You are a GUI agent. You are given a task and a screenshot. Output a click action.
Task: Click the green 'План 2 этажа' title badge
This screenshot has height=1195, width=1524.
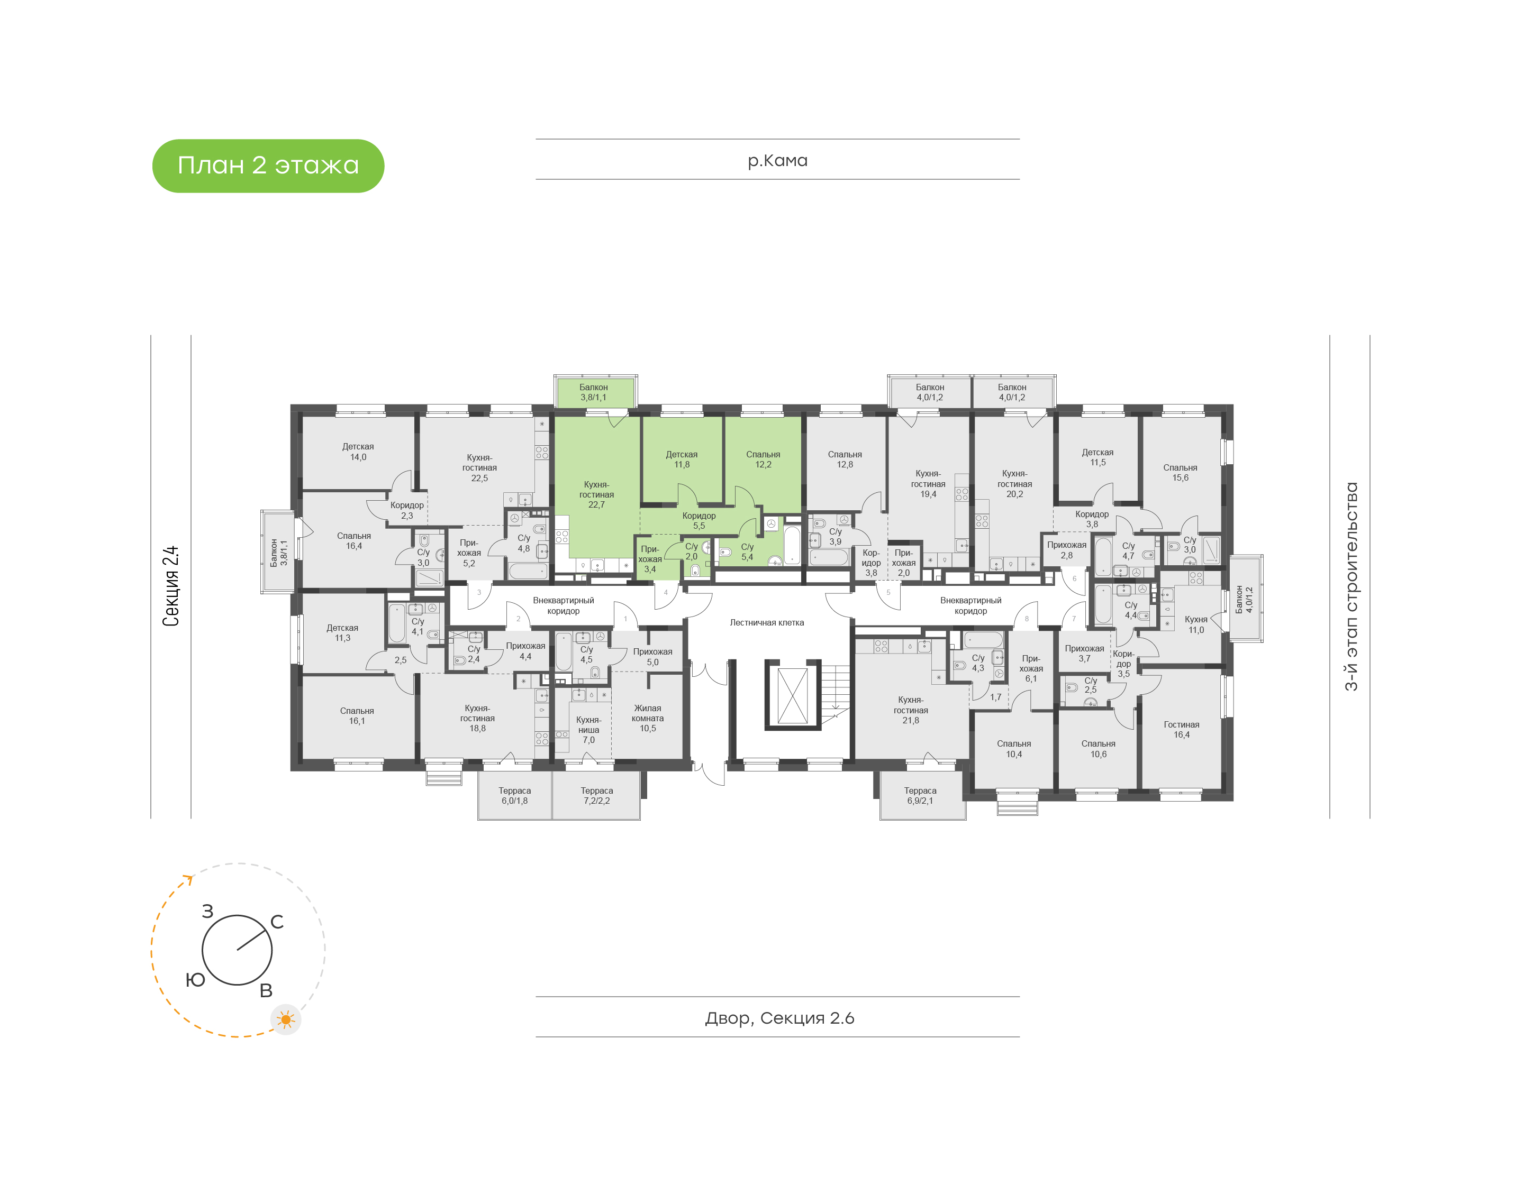268,166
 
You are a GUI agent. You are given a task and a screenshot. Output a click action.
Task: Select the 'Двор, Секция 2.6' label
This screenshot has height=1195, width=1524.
779,1017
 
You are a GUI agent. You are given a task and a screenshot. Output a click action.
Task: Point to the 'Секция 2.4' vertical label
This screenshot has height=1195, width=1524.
171,586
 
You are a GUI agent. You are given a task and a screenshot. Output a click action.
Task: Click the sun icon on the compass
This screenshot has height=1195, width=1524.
286,1019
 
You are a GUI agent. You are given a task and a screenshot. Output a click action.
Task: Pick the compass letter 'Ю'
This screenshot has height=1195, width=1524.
195,979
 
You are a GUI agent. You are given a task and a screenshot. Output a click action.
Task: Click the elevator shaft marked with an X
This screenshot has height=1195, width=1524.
793,695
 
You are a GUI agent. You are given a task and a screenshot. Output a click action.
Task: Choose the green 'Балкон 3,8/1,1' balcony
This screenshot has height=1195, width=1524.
594,392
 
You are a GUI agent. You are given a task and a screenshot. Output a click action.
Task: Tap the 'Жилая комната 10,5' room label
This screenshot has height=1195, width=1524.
648,718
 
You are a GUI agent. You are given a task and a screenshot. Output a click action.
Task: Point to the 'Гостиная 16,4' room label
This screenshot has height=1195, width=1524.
1181,729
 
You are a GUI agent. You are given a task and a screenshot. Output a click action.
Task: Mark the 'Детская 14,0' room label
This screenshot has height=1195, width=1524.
358,451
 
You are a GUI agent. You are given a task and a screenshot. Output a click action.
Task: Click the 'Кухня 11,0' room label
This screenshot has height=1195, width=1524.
1196,624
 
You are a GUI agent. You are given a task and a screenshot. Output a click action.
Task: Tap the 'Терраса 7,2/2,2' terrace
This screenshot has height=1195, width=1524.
596,795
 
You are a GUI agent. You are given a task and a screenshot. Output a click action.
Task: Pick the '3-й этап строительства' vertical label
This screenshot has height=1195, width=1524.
1351,586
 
